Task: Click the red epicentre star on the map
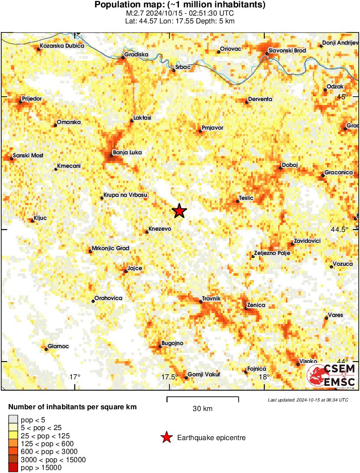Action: (179, 211)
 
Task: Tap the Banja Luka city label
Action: (127, 153)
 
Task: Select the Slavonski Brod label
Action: (287, 51)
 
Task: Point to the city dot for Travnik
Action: (201, 302)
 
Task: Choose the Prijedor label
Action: (32, 99)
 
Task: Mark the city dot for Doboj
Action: (281, 168)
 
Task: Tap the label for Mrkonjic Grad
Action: (111, 248)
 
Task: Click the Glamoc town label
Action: (58, 346)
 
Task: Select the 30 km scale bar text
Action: (203, 408)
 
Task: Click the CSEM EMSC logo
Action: (331, 375)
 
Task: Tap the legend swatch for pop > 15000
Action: (13, 467)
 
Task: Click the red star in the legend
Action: (166, 438)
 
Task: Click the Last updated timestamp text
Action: (308, 400)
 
